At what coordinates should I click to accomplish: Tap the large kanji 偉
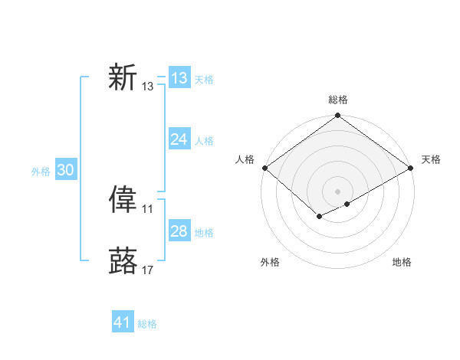(123, 199)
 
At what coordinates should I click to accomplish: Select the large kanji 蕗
(123, 260)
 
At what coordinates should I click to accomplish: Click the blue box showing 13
(179, 78)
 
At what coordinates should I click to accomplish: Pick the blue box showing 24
(179, 139)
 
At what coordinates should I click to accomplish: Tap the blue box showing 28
(179, 231)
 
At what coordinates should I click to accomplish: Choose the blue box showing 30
(65, 171)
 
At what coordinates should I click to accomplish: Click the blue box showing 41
(123, 323)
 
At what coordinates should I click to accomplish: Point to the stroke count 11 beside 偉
(147, 209)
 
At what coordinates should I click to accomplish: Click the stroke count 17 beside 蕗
(147, 270)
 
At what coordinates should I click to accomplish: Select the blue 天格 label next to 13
(204, 80)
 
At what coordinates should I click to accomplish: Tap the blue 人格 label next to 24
(204, 141)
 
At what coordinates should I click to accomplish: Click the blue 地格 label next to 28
(204, 233)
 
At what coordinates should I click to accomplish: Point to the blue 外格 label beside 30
(41, 172)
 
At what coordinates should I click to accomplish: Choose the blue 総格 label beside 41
(147, 325)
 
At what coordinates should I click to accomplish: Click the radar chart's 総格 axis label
(338, 100)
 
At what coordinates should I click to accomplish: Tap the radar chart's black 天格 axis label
(431, 159)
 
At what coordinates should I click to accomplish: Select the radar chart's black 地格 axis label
(402, 262)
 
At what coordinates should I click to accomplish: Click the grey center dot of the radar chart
(337, 191)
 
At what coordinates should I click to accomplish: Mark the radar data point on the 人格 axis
(264, 168)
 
